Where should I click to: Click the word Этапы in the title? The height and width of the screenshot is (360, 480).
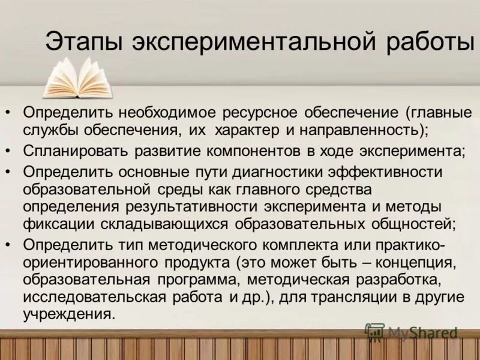pyautogui.click(x=83, y=44)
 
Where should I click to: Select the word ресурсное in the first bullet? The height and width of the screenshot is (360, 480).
pyautogui.click(x=257, y=113)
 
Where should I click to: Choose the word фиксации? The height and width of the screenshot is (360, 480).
pyautogui.click(x=52, y=224)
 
